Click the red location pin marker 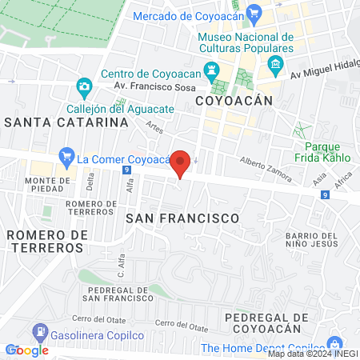click(x=181, y=163)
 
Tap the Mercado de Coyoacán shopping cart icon click(x=254, y=14)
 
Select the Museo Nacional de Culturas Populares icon click(x=276, y=64)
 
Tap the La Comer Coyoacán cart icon click(x=67, y=157)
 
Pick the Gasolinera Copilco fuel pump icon click(x=38, y=331)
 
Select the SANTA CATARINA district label click(x=66, y=122)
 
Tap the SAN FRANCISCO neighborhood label click(x=182, y=218)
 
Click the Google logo click(x=26, y=350)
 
